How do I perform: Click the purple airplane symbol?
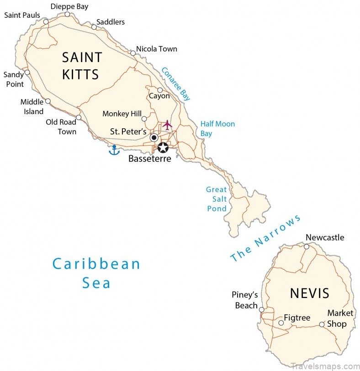pos(167,125)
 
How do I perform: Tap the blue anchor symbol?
pos(114,150)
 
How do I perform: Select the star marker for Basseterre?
pos(163,147)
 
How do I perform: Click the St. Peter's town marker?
pos(154,137)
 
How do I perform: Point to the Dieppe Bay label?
pos(69,6)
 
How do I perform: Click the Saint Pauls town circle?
pos(46,21)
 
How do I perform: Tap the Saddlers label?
pos(111,22)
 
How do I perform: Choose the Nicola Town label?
pos(157,49)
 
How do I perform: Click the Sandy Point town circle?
pos(27,72)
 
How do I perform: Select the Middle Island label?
pos(32,107)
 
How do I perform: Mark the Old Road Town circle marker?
pos(79,117)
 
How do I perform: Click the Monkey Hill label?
pos(122,114)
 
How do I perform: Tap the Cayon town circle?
pos(160,90)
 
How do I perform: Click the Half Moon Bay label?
pos(217,129)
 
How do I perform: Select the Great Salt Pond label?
pos(216,199)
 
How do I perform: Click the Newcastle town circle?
pos(307,246)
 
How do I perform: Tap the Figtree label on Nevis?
pos(297,317)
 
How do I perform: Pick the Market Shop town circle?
pos(322,324)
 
